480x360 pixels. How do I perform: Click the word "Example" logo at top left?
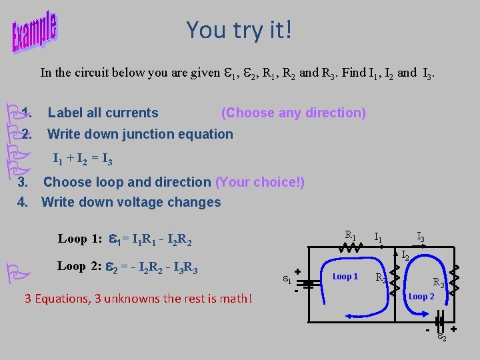tap(35, 32)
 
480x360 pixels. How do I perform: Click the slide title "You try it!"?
tap(239, 30)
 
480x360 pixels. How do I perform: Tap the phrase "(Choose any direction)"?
tap(293, 113)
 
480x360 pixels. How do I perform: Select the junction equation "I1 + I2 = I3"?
tap(83, 159)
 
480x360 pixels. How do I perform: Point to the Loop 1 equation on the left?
tap(125, 239)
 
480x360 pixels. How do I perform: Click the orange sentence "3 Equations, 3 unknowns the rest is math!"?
tap(138, 298)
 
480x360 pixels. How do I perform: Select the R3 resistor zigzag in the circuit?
tap(455, 279)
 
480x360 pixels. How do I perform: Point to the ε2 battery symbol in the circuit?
tap(440, 329)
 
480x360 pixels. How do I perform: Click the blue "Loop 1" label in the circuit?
tap(345, 276)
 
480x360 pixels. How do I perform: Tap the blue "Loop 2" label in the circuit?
tap(421, 296)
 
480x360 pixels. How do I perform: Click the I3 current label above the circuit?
tap(421, 236)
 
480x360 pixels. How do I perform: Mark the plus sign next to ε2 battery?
tap(453, 329)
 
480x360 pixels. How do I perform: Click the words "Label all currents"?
tap(103, 113)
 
